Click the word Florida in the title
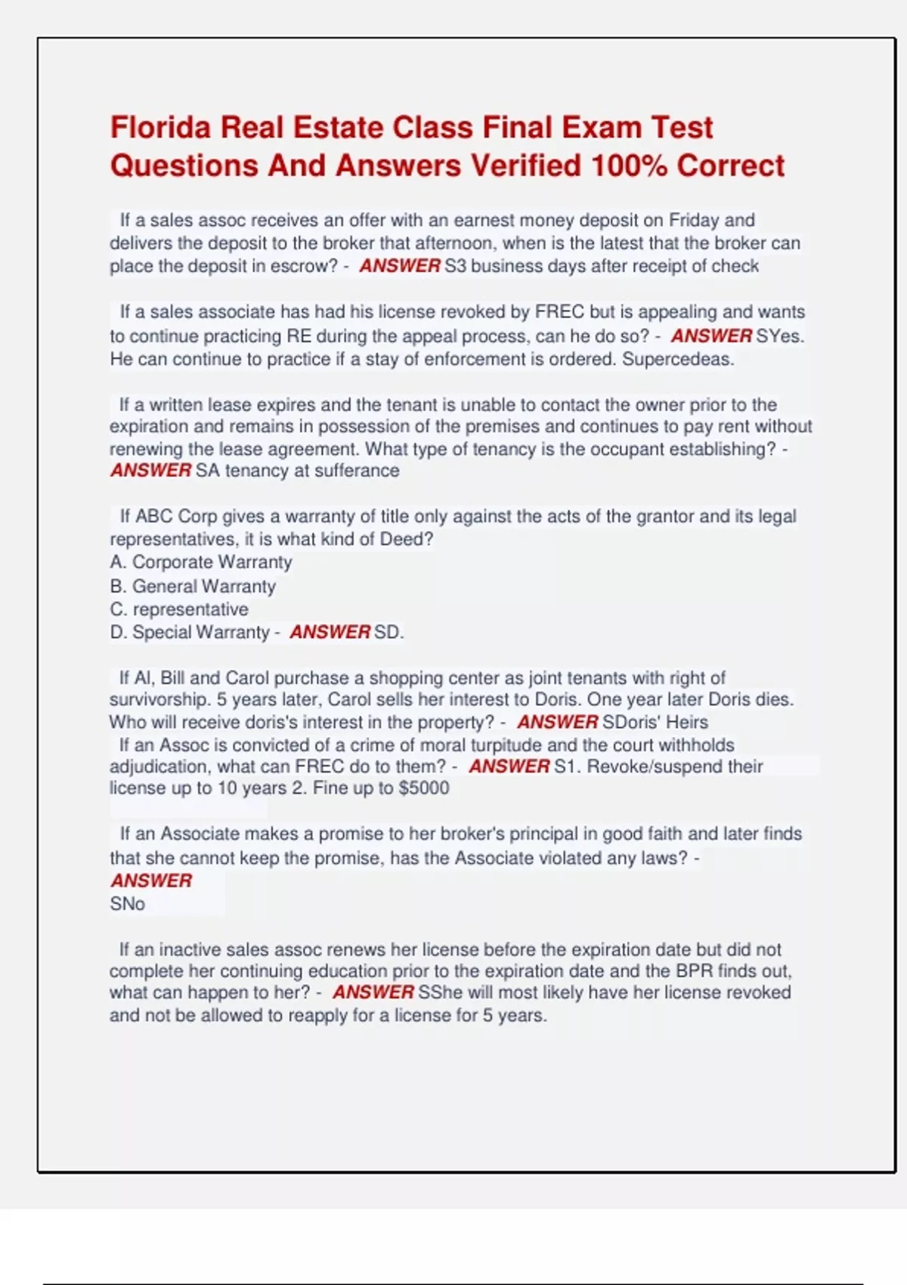(x=159, y=128)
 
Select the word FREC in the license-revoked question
(x=559, y=312)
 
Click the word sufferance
(x=357, y=470)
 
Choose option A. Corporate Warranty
(x=200, y=562)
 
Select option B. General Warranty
(x=193, y=587)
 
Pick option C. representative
(x=179, y=609)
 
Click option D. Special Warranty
(x=190, y=632)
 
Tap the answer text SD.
(x=388, y=632)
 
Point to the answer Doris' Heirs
(x=655, y=722)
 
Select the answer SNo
(x=127, y=903)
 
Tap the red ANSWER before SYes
(x=711, y=336)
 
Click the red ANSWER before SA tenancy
(x=150, y=470)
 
